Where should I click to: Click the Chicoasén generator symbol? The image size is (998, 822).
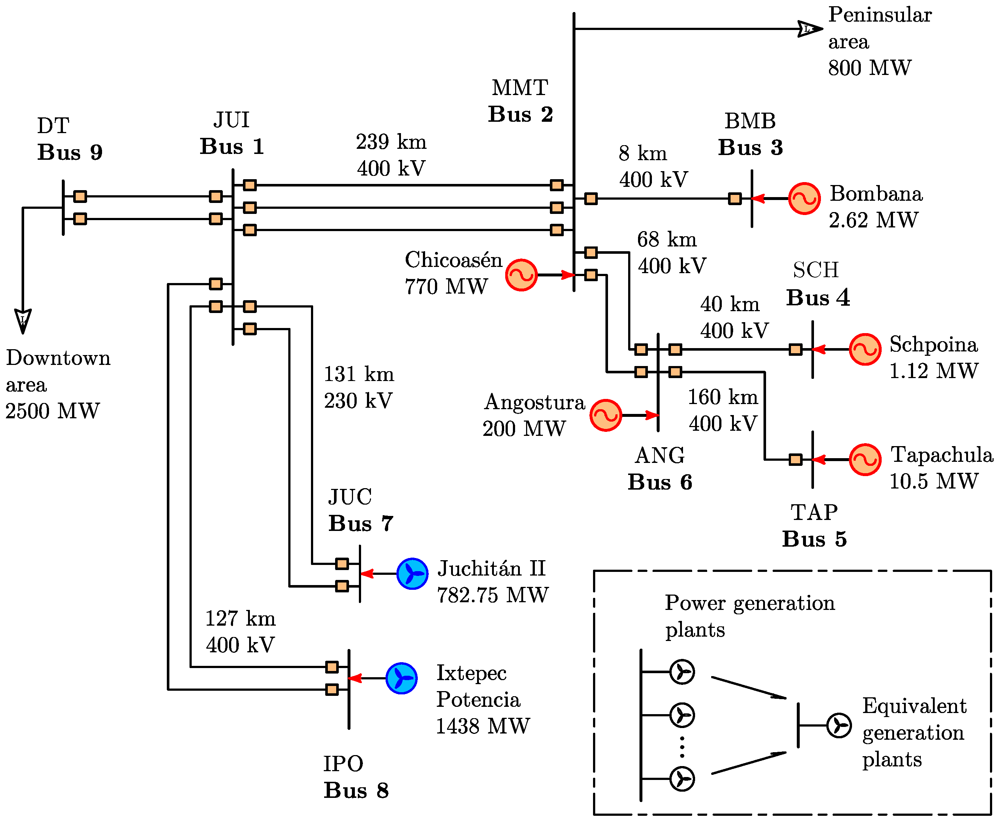point(521,275)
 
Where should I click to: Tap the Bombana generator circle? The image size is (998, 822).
point(804,199)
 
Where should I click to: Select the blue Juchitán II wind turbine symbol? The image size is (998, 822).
point(412,573)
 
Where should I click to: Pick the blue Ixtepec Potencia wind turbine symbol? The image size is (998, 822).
point(401,678)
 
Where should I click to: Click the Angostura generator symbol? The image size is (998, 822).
point(605,415)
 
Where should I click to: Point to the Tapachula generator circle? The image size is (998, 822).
point(865,459)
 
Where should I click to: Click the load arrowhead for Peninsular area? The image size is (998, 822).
point(809,29)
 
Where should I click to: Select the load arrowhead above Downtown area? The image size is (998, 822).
point(23,321)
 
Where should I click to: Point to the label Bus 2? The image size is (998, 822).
point(520,114)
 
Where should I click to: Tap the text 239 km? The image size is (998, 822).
point(391,142)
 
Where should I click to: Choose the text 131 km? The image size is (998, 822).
point(359,374)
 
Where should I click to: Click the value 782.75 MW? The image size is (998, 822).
point(493,595)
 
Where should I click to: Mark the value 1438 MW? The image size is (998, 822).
point(482,726)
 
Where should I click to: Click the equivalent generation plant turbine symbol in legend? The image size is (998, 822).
point(839,725)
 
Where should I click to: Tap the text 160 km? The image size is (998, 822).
point(722,397)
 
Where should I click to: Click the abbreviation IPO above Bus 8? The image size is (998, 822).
point(343,763)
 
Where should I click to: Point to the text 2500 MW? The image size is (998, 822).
point(53,411)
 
